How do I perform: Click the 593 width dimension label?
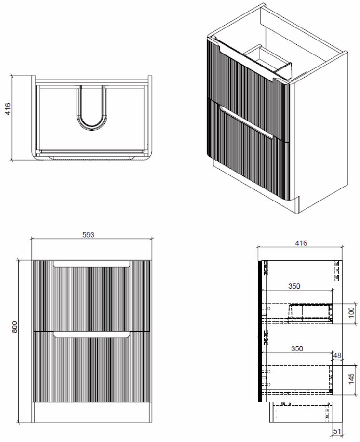pyautogui.click(x=88, y=235)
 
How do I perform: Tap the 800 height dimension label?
pyautogui.click(x=14, y=327)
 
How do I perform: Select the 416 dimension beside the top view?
pyautogui.click(x=8, y=108)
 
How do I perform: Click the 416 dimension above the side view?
pyautogui.click(x=301, y=243)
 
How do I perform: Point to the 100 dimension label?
pyautogui.click(x=351, y=313)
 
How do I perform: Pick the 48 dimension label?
pyautogui.click(x=337, y=355)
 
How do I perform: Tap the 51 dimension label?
pyautogui.click(x=337, y=431)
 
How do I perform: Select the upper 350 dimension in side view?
pyautogui.click(x=294, y=286)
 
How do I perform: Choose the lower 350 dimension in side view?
pyautogui.click(x=297, y=348)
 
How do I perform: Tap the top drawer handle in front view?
pyautogui.click(x=92, y=264)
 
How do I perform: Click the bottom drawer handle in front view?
pyautogui.click(x=92, y=335)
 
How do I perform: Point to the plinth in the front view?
pyautogui.click(x=92, y=413)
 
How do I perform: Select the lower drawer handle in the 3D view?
pyautogui.click(x=247, y=122)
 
